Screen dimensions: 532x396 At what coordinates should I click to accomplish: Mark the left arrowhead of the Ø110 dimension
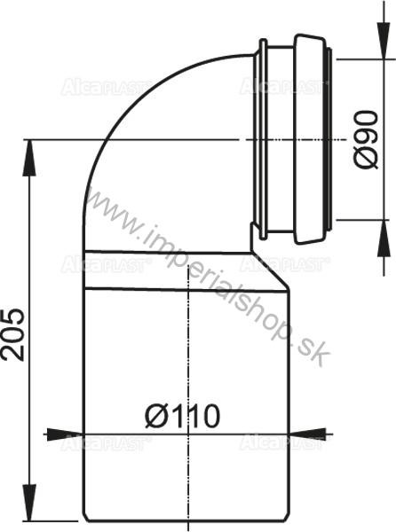[57, 434]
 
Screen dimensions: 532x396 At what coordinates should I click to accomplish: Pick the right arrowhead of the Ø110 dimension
[312, 434]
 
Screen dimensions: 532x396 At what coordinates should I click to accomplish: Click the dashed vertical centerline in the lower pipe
[189, 355]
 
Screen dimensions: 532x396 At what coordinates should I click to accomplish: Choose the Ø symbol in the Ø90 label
[364, 160]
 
